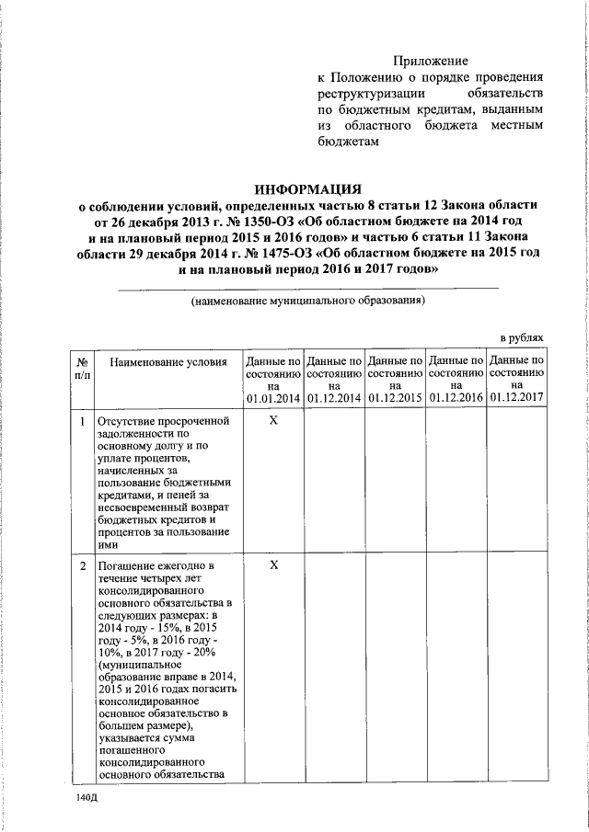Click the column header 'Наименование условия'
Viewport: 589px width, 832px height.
pos(168,363)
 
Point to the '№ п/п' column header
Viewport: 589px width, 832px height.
pos(82,370)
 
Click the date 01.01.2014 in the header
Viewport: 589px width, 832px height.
pos(273,398)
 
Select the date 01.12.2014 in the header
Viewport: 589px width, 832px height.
pos(334,398)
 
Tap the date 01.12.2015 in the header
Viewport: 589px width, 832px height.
pos(396,398)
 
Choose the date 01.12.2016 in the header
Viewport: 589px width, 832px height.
pos(456,398)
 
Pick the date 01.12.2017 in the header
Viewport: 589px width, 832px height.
pos(517,398)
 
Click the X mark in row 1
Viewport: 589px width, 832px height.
pos(273,420)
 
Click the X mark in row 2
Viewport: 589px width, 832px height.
pos(273,564)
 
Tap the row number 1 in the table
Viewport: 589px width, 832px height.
pos(82,421)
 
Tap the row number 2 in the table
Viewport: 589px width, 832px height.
pos(82,564)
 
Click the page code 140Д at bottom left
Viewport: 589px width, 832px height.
pos(87,802)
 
